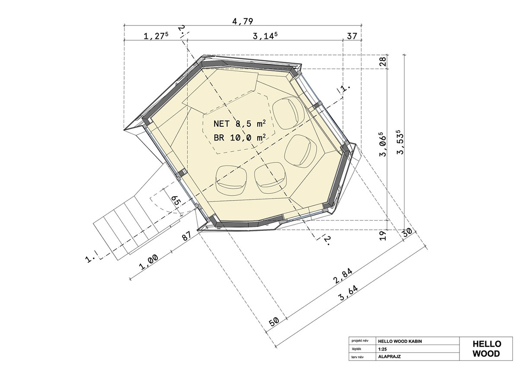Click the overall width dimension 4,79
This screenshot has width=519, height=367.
point(242,21)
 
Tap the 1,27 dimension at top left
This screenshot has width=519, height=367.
point(156,36)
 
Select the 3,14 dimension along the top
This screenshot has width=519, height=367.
point(265,36)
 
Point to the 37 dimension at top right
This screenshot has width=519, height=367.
point(352,36)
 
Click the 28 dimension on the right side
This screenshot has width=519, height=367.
point(383,61)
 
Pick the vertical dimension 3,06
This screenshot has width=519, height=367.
point(383,144)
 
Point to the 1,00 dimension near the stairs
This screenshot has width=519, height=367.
point(150,262)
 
